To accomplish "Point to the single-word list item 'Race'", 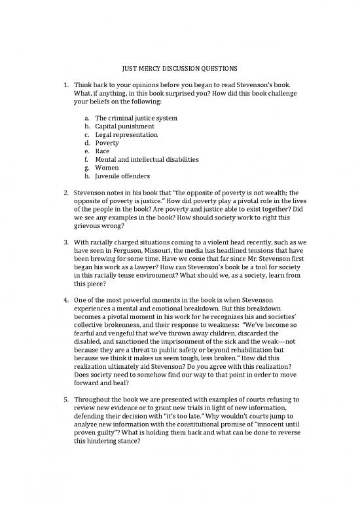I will click(103, 151).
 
